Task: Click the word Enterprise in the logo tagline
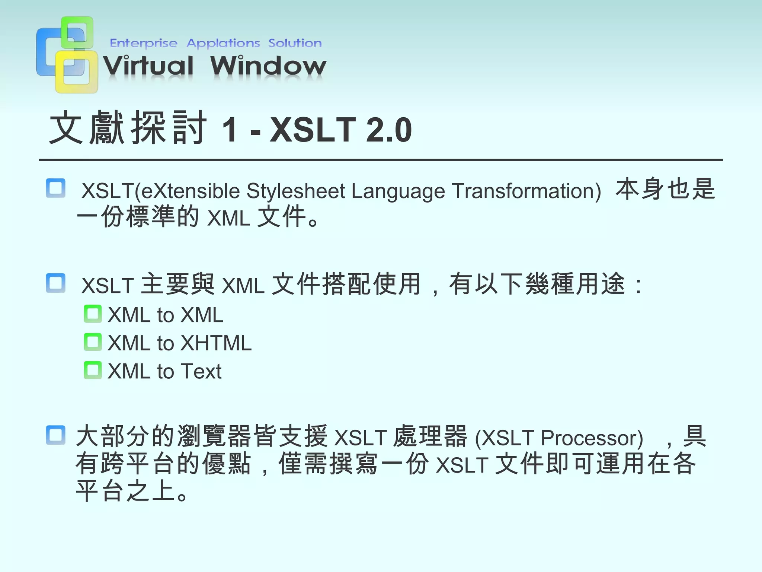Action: tap(144, 43)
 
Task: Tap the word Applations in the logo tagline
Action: tap(223, 43)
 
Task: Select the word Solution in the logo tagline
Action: tap(295, 43)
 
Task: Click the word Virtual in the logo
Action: tap(148, 66)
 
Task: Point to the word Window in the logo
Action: tap(268, 66)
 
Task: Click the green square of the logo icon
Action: tap(77, 31)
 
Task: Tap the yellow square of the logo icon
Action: tap(77, 72)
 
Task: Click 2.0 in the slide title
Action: tap(389, 130)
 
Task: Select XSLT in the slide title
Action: tap(313, 130)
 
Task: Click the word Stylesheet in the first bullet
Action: tap(296, 191)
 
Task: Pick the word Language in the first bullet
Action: tap(398, 191)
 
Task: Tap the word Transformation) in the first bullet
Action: tap(526, 191)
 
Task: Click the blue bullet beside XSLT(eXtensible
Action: tap(56, 188)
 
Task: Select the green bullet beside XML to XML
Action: tap(93, 314)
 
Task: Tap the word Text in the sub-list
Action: tap(201, 371)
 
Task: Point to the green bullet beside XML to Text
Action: tap(93, 370)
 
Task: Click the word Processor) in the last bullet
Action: tap(592, 438)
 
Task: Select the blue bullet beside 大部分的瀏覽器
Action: tap(56, 435)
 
